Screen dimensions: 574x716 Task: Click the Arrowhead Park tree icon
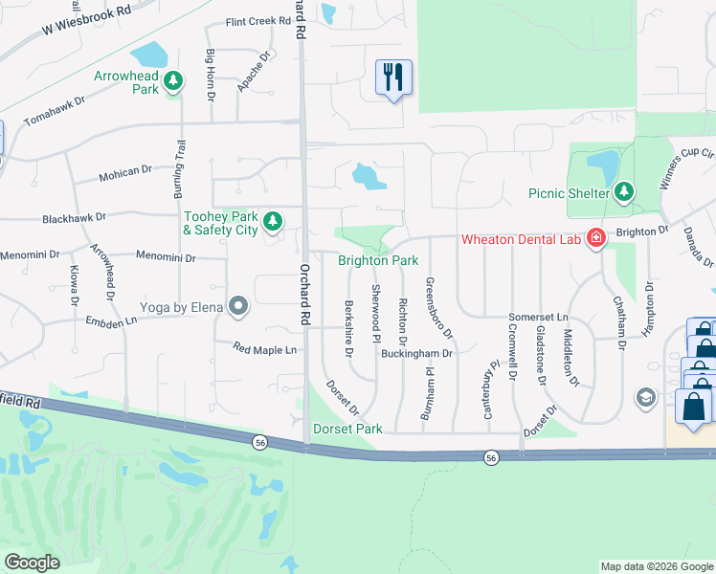[172, 81]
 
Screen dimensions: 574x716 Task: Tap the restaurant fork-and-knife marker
[393, 77]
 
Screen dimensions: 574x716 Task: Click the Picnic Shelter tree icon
[624, 192]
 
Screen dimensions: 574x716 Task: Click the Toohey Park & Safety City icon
[273, 222]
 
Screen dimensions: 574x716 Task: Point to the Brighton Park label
[378, 260]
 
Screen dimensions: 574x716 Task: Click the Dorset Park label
[347, 430]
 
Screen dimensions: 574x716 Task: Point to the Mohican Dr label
[125, 171]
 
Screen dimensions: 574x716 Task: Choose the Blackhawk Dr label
[74, 219]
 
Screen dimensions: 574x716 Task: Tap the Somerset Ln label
[538, 317]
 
